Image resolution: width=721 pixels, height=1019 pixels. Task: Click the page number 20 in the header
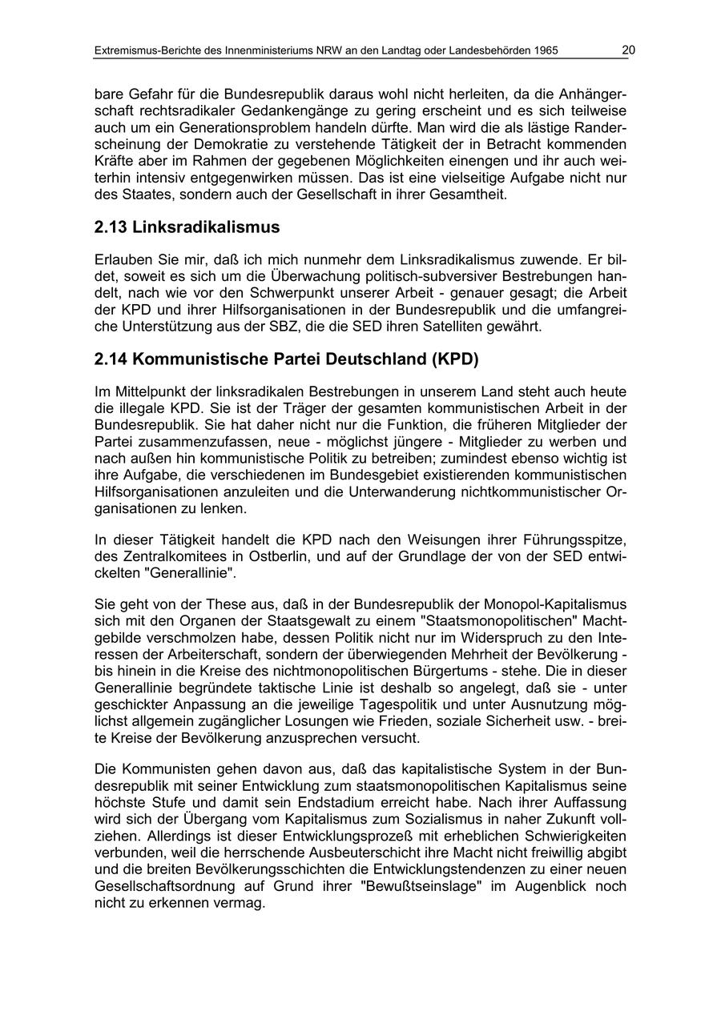(628, 50)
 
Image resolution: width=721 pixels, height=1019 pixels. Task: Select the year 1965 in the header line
(544, 51)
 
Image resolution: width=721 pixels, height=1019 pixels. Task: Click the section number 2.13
(111, 227)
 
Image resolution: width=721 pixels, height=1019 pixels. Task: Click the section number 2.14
(111, 359)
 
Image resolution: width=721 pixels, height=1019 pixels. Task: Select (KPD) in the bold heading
(454, 359)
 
